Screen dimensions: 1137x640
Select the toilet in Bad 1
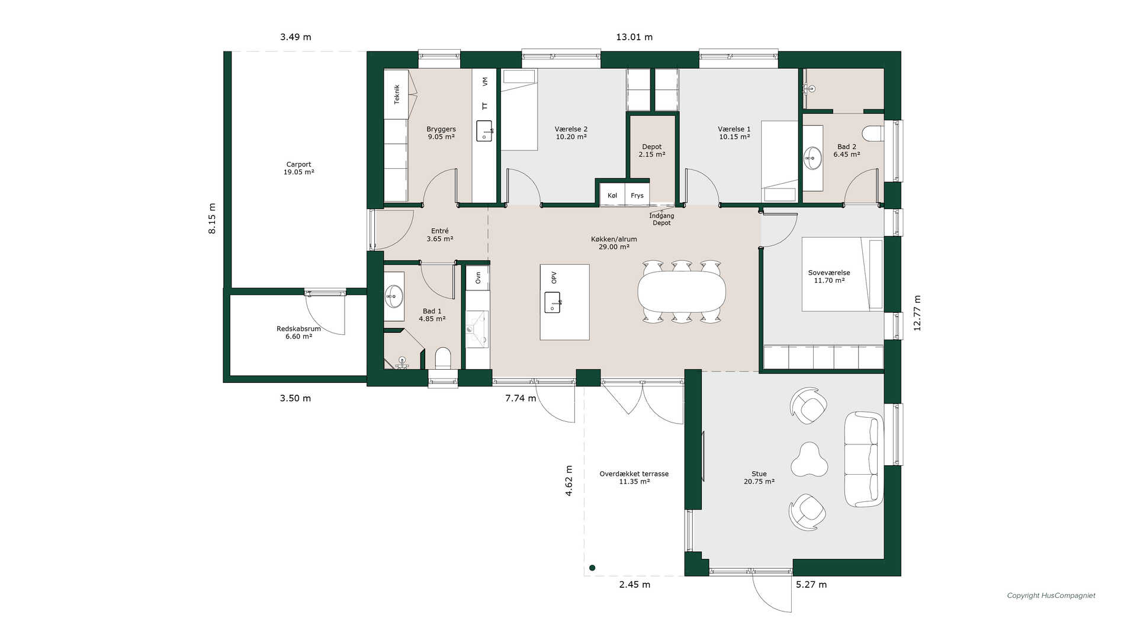[x=443, y=358]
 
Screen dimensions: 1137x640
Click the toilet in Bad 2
[x=872, y=134]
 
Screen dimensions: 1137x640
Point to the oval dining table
[x=682, y=292]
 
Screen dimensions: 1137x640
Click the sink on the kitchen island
[x=552, y=302]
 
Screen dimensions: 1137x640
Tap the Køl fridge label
[x=612, y=196]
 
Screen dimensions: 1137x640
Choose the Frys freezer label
[x=637, y=196]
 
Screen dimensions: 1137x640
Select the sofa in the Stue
[x=864, y=459]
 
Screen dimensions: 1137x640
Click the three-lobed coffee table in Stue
[x=809, y=460]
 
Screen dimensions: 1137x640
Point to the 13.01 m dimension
[x=634, y=37]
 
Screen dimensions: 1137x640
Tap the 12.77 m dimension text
[x=917, y=313]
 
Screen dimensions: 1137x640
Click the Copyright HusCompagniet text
[x=1051, y=596]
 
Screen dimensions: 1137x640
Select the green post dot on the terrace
[x=592, y=568]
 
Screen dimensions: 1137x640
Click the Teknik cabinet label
[x=397, y=94]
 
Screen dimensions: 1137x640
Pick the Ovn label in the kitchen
[x=478, y=277]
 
